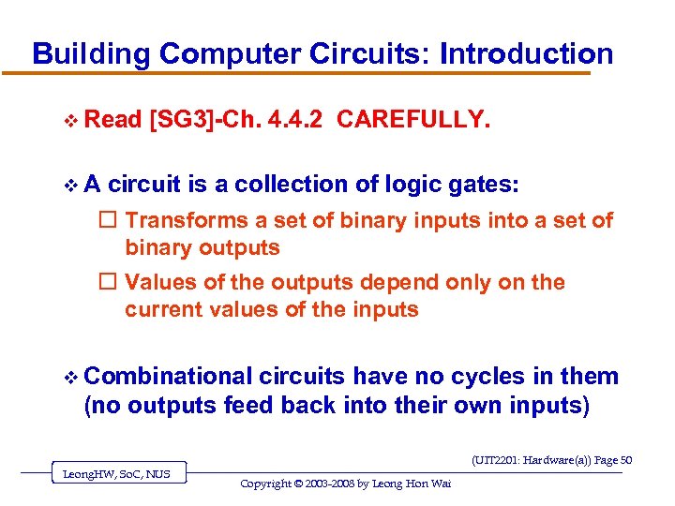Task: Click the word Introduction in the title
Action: coord(526,53)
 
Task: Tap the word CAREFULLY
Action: coord(412,119)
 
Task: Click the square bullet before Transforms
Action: coord(108,221)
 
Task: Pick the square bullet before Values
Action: coord(108,283)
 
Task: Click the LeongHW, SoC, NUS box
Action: coord(116,474)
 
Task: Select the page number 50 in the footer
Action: coord(625,460)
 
